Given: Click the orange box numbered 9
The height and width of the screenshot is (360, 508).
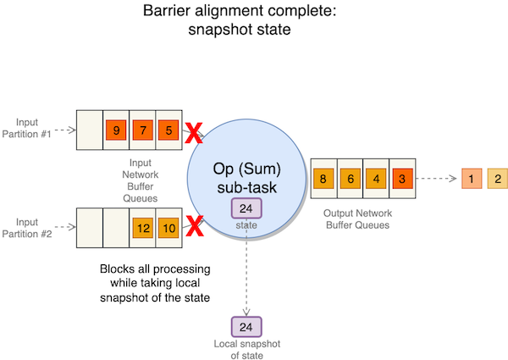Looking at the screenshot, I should point(116,130).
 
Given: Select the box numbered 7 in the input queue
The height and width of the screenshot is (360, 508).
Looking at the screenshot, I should point(143,130).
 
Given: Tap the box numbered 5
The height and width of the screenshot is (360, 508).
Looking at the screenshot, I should point(169,130).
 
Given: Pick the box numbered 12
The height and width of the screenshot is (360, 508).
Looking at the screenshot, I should point(143,228).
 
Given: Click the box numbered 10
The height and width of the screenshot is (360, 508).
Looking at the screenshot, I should point(169,228).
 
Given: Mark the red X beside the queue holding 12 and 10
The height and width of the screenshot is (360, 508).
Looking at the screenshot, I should point(195,228).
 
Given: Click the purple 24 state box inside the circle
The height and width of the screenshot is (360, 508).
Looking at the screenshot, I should point(246,209).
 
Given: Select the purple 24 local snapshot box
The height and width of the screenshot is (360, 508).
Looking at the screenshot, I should point(246,326).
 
